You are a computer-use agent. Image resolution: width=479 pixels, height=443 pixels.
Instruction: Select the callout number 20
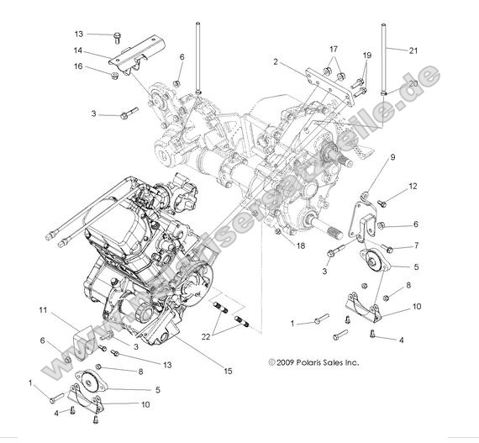(x=413, y=84)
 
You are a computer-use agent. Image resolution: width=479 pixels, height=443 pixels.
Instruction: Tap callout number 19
(x=366, y=55)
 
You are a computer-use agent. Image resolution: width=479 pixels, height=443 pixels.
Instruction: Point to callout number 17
(x=334, y=49)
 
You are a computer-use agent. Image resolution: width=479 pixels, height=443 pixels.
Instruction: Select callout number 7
(x=413, y=247)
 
